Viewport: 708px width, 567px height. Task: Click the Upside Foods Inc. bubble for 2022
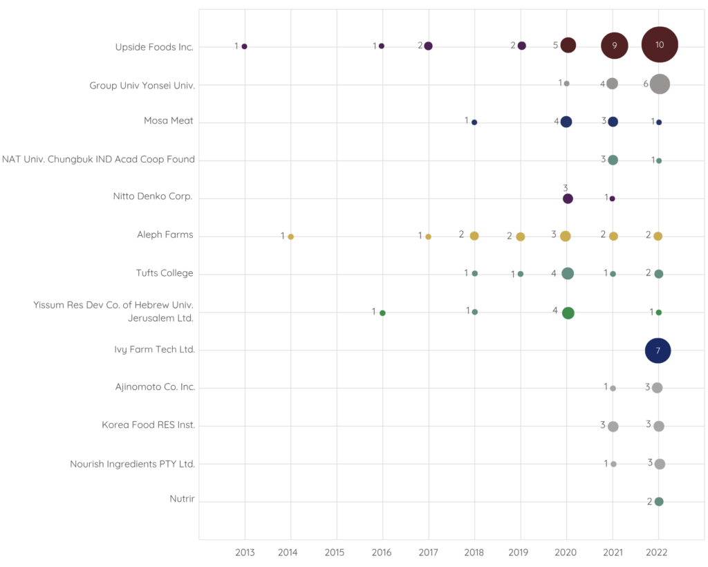pyautogui.click(x=660, y=45)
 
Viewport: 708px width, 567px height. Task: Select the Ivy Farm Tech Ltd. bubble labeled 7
pyautogui.click(x=658, y=351)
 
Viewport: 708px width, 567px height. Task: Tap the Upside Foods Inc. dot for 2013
pyautogui.click(x=245, y=46)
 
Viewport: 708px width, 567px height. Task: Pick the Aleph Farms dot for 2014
pyautogui.click(x=290, y=236)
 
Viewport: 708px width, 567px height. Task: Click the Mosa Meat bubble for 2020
pyautogui.click(x=566, y=122)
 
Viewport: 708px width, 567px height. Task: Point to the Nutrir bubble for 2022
pyautogui.click(x=659, y=501)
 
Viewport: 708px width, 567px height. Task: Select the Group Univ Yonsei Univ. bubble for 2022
pyautogui.click(x=660, y=84)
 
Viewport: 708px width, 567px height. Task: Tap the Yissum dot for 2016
pyautogui.click(x=382, y=313)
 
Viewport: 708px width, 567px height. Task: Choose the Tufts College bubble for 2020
pyautogui.click(x=568, y=273)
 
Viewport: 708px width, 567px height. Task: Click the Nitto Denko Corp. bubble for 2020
pyautogui.click(x=568, y=198)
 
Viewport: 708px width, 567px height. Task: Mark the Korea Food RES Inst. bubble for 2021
pyautogui.click(x=613, y=426)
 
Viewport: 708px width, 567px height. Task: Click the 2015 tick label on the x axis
pyautogui.click(x=336, y=552)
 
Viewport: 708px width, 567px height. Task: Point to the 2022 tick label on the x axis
pyautogui.click(x=658, y=552)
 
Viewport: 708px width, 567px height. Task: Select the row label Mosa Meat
pyautogui.click(x=169, y=122)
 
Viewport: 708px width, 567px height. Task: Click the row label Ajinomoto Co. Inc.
pyautogui.click(x=155, y=387)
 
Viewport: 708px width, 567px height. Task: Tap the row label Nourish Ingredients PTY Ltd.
pyautogui.click(x=132, y=464)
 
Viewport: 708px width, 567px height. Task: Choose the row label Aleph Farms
pyautogui.click(x=165, y=235)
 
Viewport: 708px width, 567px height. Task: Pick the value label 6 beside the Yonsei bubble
pyautogui.click(x=646, y=84)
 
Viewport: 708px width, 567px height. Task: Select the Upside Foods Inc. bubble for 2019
pyautogui.click(x=522, y=46)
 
